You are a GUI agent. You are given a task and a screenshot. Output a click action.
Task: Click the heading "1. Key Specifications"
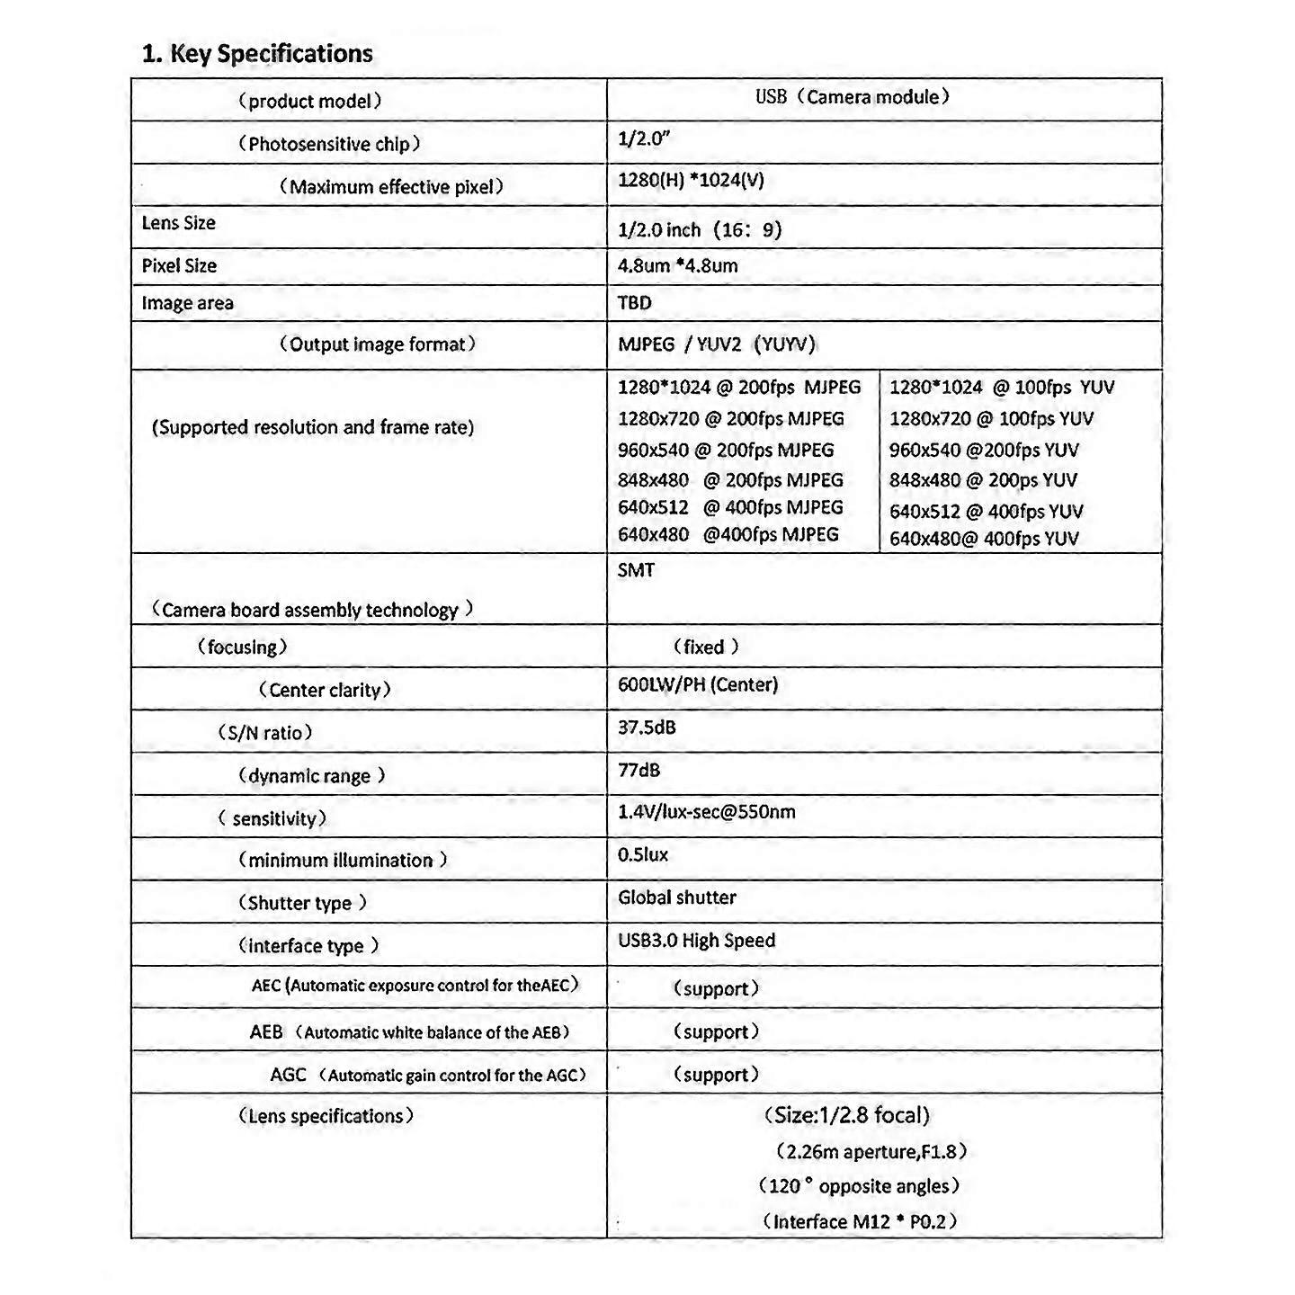pos(257,54)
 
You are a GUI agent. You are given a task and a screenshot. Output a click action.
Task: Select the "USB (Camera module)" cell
pos(852,97)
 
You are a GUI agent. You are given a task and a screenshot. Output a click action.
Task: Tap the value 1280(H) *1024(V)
pos(691,180)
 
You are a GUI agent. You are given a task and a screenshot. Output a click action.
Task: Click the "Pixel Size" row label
pos(179,266)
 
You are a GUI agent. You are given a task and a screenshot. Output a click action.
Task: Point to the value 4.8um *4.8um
pos(677,266)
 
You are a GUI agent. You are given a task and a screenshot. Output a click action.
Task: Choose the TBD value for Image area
pos(634,303)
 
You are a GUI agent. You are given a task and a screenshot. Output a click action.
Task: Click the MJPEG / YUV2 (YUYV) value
pos(716,344)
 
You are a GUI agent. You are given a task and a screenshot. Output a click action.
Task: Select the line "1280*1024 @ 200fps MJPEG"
pos(738,388)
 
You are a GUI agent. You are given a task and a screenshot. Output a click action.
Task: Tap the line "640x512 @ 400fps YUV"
pos(986,512)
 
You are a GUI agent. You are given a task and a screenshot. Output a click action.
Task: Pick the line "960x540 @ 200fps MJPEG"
pos(725,450)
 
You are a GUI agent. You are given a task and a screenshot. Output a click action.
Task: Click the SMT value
pos(636,570)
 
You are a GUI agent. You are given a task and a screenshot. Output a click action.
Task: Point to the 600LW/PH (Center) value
pos(697,684)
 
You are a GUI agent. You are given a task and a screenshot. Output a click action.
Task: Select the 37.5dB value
pos(646,728)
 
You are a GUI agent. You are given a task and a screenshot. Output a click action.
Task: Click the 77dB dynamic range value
pos(639,770)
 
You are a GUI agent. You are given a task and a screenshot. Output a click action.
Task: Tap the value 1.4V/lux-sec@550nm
pos(706,812)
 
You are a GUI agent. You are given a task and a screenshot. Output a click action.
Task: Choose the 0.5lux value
pos(642,854)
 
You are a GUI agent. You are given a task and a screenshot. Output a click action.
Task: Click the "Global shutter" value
pos(676,898)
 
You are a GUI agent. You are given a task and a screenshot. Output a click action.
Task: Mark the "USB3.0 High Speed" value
pos(696,941)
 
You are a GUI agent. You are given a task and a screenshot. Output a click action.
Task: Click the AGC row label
pos(428,1075)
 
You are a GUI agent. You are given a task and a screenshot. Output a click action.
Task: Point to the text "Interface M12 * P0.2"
pos(859,1221)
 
